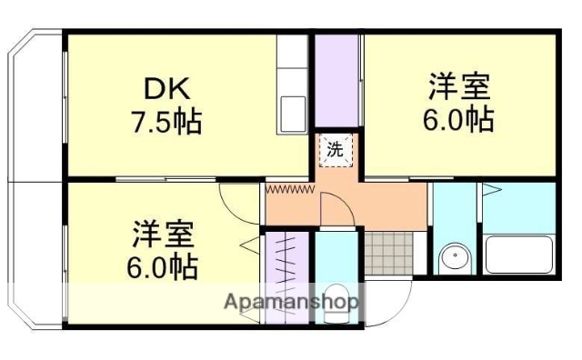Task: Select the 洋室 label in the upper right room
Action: (x=459, y=89)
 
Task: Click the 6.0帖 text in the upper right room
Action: (x=460, y=119)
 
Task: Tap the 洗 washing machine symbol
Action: (x=335, y=152)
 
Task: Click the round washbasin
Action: (x=453, y=260)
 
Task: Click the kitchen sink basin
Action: (x=294, y=113)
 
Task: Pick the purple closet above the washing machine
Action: (x=337, y=82)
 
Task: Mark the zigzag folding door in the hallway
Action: (x=289, y=189)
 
